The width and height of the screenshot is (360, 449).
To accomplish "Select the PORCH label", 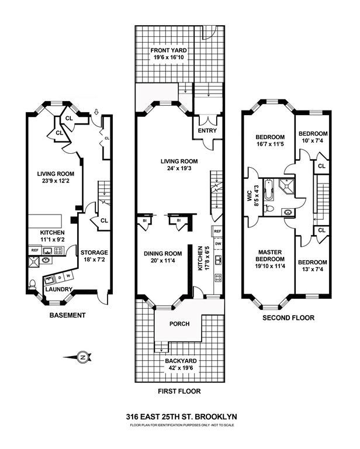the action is (179, 323).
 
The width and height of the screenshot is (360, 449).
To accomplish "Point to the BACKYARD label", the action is (179, 362).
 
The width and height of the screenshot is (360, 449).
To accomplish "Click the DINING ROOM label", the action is (163, 254).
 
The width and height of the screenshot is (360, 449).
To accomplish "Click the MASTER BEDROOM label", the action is (271, 255).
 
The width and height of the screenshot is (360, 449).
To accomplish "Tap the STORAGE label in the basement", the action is (94, 253).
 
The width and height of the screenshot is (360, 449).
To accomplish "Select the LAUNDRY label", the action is (59, 289).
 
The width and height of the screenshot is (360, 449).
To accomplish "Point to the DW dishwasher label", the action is (217, 244).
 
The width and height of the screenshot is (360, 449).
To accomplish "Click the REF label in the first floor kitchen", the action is (217, 232).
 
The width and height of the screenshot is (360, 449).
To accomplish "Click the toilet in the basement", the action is (32, 285).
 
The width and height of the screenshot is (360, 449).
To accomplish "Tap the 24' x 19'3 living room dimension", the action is (179, 169).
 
